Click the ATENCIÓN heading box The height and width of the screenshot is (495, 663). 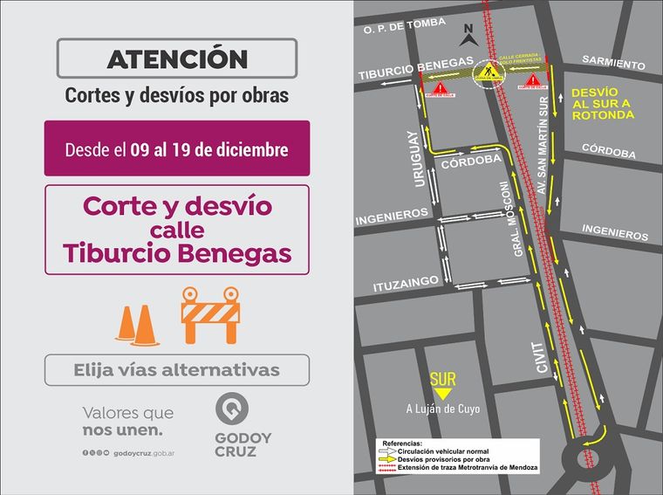click(177, 59)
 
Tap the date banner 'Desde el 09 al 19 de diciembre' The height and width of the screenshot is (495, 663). click(177, 149)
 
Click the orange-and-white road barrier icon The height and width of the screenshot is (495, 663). click(209, 315)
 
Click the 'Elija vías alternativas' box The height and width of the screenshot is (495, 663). click(177, 370)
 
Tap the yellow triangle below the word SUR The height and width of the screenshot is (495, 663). click(442, 395)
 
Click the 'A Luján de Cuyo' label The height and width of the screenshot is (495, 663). click(443, 409)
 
